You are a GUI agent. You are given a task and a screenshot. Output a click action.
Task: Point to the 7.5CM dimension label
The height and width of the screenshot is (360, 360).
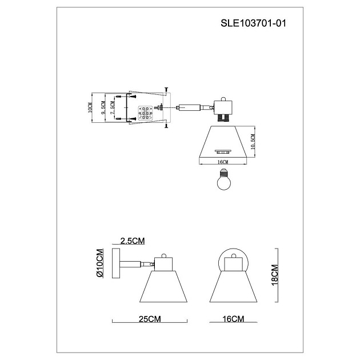pos(113,108)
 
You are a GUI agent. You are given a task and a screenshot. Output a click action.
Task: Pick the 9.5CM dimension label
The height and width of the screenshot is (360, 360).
pos(103,108)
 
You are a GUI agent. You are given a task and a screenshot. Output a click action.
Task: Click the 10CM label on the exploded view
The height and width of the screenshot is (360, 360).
pos(90,108)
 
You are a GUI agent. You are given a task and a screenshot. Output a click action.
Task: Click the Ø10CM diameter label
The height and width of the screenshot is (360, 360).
pos(100,263)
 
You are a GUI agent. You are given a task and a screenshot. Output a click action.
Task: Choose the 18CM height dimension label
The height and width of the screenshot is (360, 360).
pos(274,276)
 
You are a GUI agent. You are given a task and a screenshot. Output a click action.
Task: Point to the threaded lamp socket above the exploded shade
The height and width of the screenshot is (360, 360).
pos(221,117)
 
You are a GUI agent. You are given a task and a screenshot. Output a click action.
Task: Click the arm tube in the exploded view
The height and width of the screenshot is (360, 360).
pos(189,106)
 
